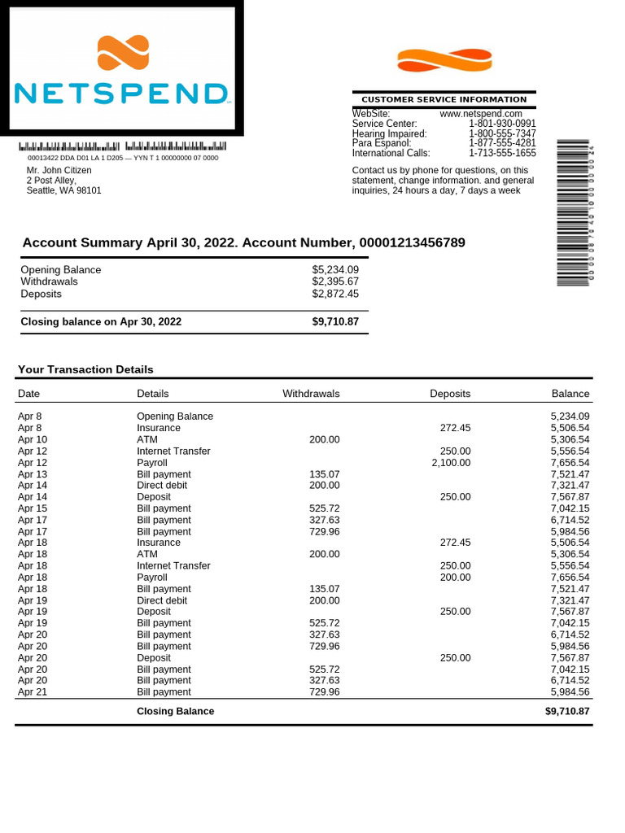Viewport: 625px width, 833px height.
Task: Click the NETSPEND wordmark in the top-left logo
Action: tap(121, 93)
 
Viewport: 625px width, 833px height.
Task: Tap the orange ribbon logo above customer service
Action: tap(444, 60)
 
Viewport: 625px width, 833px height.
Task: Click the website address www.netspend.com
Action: tap(481, 114)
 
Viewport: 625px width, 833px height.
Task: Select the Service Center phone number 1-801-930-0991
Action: tap(502, 124)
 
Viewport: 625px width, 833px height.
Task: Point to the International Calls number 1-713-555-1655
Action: tap(502, 153)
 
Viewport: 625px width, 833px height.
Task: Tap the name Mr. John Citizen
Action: tap(59, 171)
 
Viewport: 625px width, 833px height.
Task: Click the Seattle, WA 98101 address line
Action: tap(64, 190)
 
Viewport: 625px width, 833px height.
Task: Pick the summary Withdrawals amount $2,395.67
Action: tap(335, 281)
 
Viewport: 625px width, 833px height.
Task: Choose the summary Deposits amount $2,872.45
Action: tap(335, 294)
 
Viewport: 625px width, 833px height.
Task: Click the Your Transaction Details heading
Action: tap(85, 369)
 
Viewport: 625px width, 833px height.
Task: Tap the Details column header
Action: tap(153, 394)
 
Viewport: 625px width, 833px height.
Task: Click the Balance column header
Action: tap(570, 394)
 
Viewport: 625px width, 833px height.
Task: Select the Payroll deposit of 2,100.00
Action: tap(451, 462)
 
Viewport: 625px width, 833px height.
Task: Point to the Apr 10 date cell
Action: tap(33, 439)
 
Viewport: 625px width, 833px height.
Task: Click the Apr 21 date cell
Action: tap(33, 691)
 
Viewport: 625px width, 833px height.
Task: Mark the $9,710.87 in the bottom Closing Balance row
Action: tap(567, 711)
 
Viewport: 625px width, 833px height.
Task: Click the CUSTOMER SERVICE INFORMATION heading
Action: tap(444, 99)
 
